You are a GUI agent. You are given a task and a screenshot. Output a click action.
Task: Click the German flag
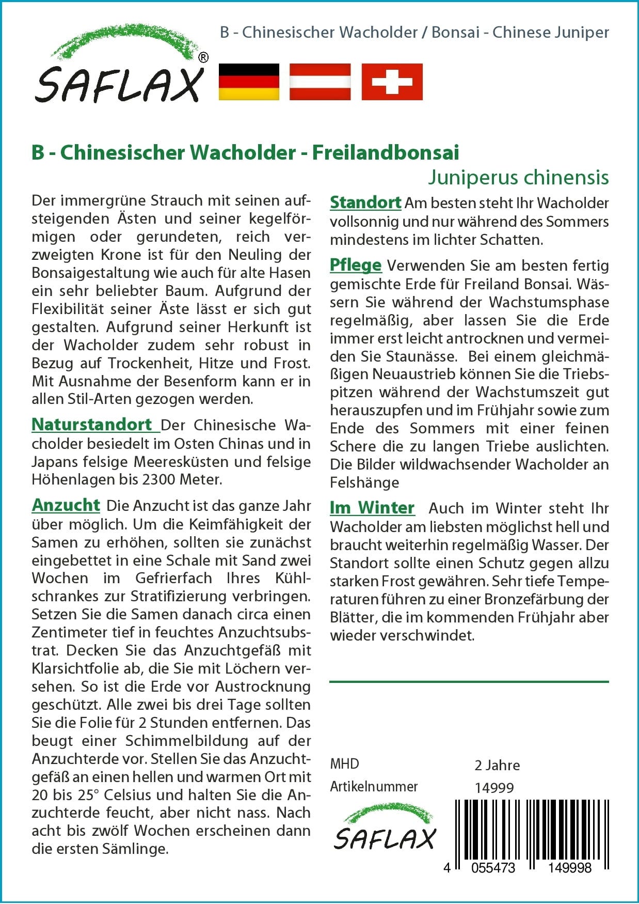click(x=249, y=82)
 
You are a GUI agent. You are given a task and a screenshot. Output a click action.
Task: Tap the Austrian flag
click(x=320, y=82)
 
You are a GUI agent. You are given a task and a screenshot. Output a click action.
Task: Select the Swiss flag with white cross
click(x=392, y=82)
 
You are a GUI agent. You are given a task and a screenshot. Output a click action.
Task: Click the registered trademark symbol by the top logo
click(x=203, y=58)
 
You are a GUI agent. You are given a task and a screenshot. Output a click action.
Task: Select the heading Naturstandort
click(x=92, y=425)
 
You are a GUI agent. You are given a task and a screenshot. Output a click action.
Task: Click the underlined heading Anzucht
click(x=66, y=505)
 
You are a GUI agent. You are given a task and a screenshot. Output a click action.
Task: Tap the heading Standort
click(x=365, y=202)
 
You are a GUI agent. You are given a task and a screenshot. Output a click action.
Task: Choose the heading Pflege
click(x=356, y=265)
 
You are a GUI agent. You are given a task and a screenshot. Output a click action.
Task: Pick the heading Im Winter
click(x=372, y=508)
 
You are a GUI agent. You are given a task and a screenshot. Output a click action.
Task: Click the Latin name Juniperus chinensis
click(x=518, y=177)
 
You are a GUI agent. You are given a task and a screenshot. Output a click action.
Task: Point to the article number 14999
click(x=494, y=788)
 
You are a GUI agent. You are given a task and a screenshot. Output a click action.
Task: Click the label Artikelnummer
click(x=374, y=787)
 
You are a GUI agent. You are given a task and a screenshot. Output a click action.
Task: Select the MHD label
click(x=344, y=764)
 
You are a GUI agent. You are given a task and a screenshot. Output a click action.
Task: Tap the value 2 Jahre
click(x=497, y=765)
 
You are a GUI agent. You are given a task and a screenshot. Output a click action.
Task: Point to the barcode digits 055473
click(x=492, y=868)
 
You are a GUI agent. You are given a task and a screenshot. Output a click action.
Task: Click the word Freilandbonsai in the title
click(x=386, y=152)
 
